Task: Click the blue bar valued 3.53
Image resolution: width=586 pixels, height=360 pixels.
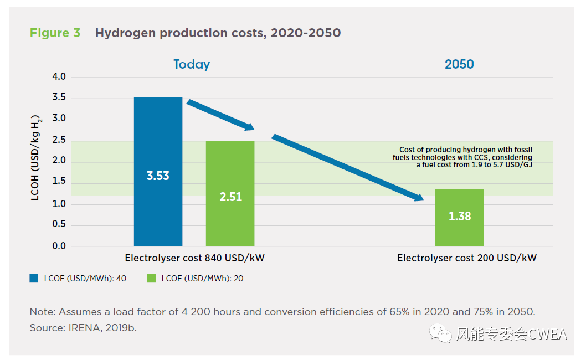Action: point(158,172)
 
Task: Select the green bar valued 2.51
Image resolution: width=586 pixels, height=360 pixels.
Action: point(230,193)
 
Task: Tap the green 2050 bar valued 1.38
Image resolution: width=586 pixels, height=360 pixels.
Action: point(459,218)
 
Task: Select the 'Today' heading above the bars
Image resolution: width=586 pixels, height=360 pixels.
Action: point(192,64)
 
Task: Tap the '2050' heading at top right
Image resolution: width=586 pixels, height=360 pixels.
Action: point(459,64)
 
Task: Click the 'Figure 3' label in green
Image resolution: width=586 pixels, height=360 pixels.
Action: point(55,33)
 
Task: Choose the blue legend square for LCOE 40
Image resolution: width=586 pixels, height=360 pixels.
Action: point(34,279)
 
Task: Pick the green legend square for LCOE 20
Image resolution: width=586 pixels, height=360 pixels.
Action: point(151,279)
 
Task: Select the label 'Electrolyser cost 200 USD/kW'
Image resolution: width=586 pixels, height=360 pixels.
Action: point(466,258)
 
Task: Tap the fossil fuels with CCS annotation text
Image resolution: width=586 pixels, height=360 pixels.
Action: point(465,157)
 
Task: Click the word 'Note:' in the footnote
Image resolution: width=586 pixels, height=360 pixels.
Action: point(43,312)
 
